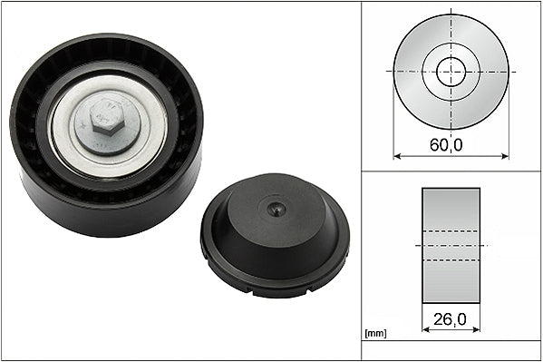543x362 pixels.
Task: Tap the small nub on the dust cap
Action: (276, 209)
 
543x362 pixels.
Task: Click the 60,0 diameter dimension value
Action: (446, 144)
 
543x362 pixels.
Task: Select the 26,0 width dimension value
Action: (450, 319)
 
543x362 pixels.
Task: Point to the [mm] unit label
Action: (375, 334)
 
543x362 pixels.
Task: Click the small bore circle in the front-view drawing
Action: (451, 72)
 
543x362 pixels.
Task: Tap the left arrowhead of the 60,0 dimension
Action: (397, 156)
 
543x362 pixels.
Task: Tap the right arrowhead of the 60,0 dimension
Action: (505, 156)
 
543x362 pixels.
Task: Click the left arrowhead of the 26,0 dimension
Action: (426, 329)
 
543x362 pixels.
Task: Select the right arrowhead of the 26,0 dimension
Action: (476, 329)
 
